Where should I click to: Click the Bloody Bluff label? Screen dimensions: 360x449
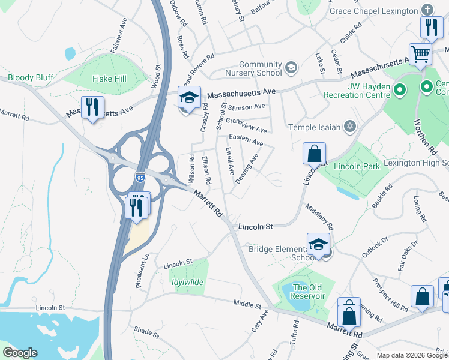coord(31,78)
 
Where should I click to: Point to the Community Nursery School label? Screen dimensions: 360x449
coord(260,68)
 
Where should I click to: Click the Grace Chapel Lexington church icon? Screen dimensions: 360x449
coord(427,10)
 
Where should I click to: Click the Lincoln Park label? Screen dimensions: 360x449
coord(358,166)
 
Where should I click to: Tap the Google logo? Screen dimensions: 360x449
coord(20,353)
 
